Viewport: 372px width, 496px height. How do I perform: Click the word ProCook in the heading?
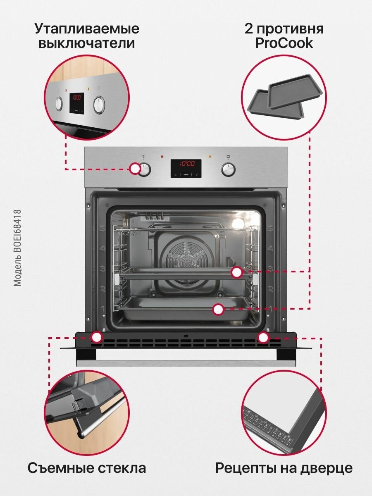pos(284,43)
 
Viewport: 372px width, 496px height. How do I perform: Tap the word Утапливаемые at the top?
pos(87,29)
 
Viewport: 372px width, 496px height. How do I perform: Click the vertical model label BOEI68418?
pos(17,248)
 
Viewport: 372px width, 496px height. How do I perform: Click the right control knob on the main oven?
pos(228,169)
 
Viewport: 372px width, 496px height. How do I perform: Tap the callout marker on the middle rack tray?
pos(236,272)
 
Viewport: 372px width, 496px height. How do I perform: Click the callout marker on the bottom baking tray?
pos(218,309)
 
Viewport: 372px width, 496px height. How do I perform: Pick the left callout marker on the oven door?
pos(97,337)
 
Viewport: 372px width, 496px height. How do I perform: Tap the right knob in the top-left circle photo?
pos(99,105)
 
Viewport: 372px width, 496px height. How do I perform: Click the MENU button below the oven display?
pos(186,175)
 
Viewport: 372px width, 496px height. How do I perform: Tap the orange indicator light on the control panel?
pos(210,157)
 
